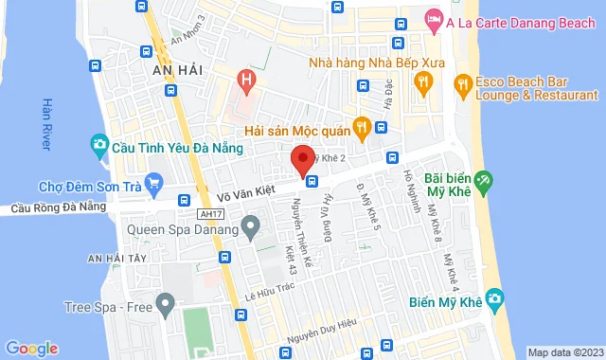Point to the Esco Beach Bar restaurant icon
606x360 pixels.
click(462, 84)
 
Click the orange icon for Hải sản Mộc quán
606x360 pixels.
click(361, 126)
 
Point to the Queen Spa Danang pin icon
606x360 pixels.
click(250, 226)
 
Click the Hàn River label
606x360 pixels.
click(46, 123)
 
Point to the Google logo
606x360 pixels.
click(31, 348)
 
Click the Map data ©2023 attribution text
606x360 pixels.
click(564, 352)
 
